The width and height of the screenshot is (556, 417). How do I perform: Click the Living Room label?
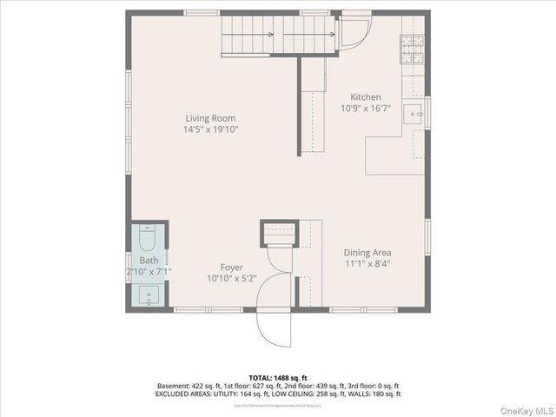pyautogui.click(x=210, y=118)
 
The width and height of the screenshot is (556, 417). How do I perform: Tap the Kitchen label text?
pyautogui.click(x=365, y=97)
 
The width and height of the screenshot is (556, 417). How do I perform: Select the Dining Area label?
pyautogui.click(x=368, y=253)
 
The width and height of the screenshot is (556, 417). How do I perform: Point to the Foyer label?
pyautogui.click(x=231, y=268)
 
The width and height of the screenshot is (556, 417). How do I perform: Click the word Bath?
pyautogui.click(x=149, y=261)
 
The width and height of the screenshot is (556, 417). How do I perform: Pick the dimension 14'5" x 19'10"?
pyautogui.click(x=210, y=129)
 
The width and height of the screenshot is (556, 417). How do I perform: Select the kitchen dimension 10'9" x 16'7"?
pyautogui.click(x=365, y=109)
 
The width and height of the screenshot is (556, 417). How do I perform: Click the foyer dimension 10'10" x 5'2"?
pyautogui.click(x=231, y=279)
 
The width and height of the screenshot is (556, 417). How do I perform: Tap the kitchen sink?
pyautogui.click(x=414, y=112)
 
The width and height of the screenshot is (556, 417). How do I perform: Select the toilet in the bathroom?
pyautogui.click(x=147, y=239)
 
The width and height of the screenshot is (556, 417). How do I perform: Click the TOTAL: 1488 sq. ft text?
pyautogui.click(x=278, y=378)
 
